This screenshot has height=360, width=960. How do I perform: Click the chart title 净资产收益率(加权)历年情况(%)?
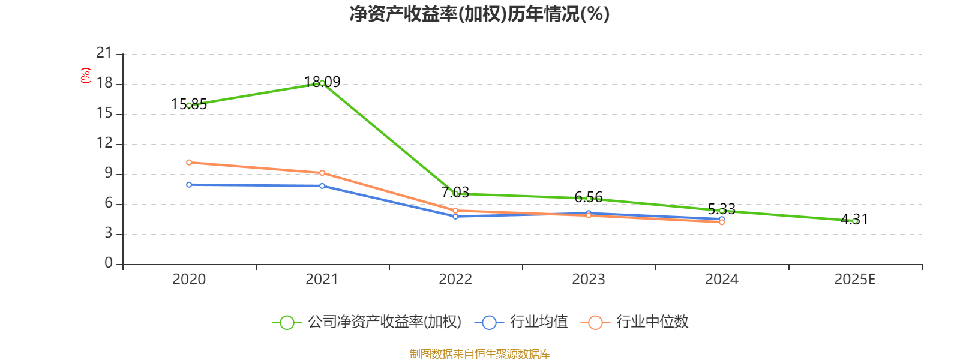(x=479, y=14)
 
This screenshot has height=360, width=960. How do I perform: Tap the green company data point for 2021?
(x=322, y=83)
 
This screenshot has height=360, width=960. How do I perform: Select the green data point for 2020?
(x=189, y=106)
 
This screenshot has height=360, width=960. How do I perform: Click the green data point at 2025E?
(x=855, y=221)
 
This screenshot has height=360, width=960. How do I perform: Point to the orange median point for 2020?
(x=189, y=162)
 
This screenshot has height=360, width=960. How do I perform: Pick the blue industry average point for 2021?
(x=322, y=186)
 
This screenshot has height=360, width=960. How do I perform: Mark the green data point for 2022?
(x=455, y=194)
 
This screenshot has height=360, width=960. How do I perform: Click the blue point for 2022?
(x=455, y=216)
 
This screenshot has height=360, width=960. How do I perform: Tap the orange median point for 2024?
(x=722, y=223)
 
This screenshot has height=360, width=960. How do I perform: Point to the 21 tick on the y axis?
(x=104, y=53)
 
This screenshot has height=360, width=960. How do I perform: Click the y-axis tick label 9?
(x=109, y=173)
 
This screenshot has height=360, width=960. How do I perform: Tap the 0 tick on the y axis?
(x=109, y=263)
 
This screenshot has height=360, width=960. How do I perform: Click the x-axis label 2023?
(x=589, y=280)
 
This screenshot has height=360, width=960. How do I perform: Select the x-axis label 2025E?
(x=855, y=280)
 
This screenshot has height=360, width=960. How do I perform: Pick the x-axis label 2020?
(x=189, y=280)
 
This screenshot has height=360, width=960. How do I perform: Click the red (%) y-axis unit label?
(x=86, y=76)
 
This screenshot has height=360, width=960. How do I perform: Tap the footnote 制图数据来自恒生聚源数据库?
(x=479, y=354)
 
